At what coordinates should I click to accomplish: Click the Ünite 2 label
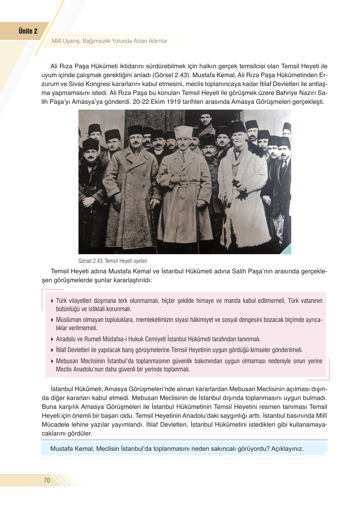(28, 31)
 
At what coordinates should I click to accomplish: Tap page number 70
(47, 480)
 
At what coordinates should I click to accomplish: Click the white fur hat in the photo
(184, 132)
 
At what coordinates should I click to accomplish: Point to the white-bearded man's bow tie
(237, 150)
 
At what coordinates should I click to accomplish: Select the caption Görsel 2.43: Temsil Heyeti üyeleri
(113, 261)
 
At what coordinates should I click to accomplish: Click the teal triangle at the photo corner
(287, 250)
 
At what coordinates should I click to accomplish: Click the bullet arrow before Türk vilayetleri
(52, 301)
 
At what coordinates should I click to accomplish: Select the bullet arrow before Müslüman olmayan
(52, 320)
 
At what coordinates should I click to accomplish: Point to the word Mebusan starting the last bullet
(67, 361)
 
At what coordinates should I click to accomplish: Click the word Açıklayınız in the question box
(287, 449)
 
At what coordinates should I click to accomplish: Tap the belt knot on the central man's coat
(183, 185)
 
